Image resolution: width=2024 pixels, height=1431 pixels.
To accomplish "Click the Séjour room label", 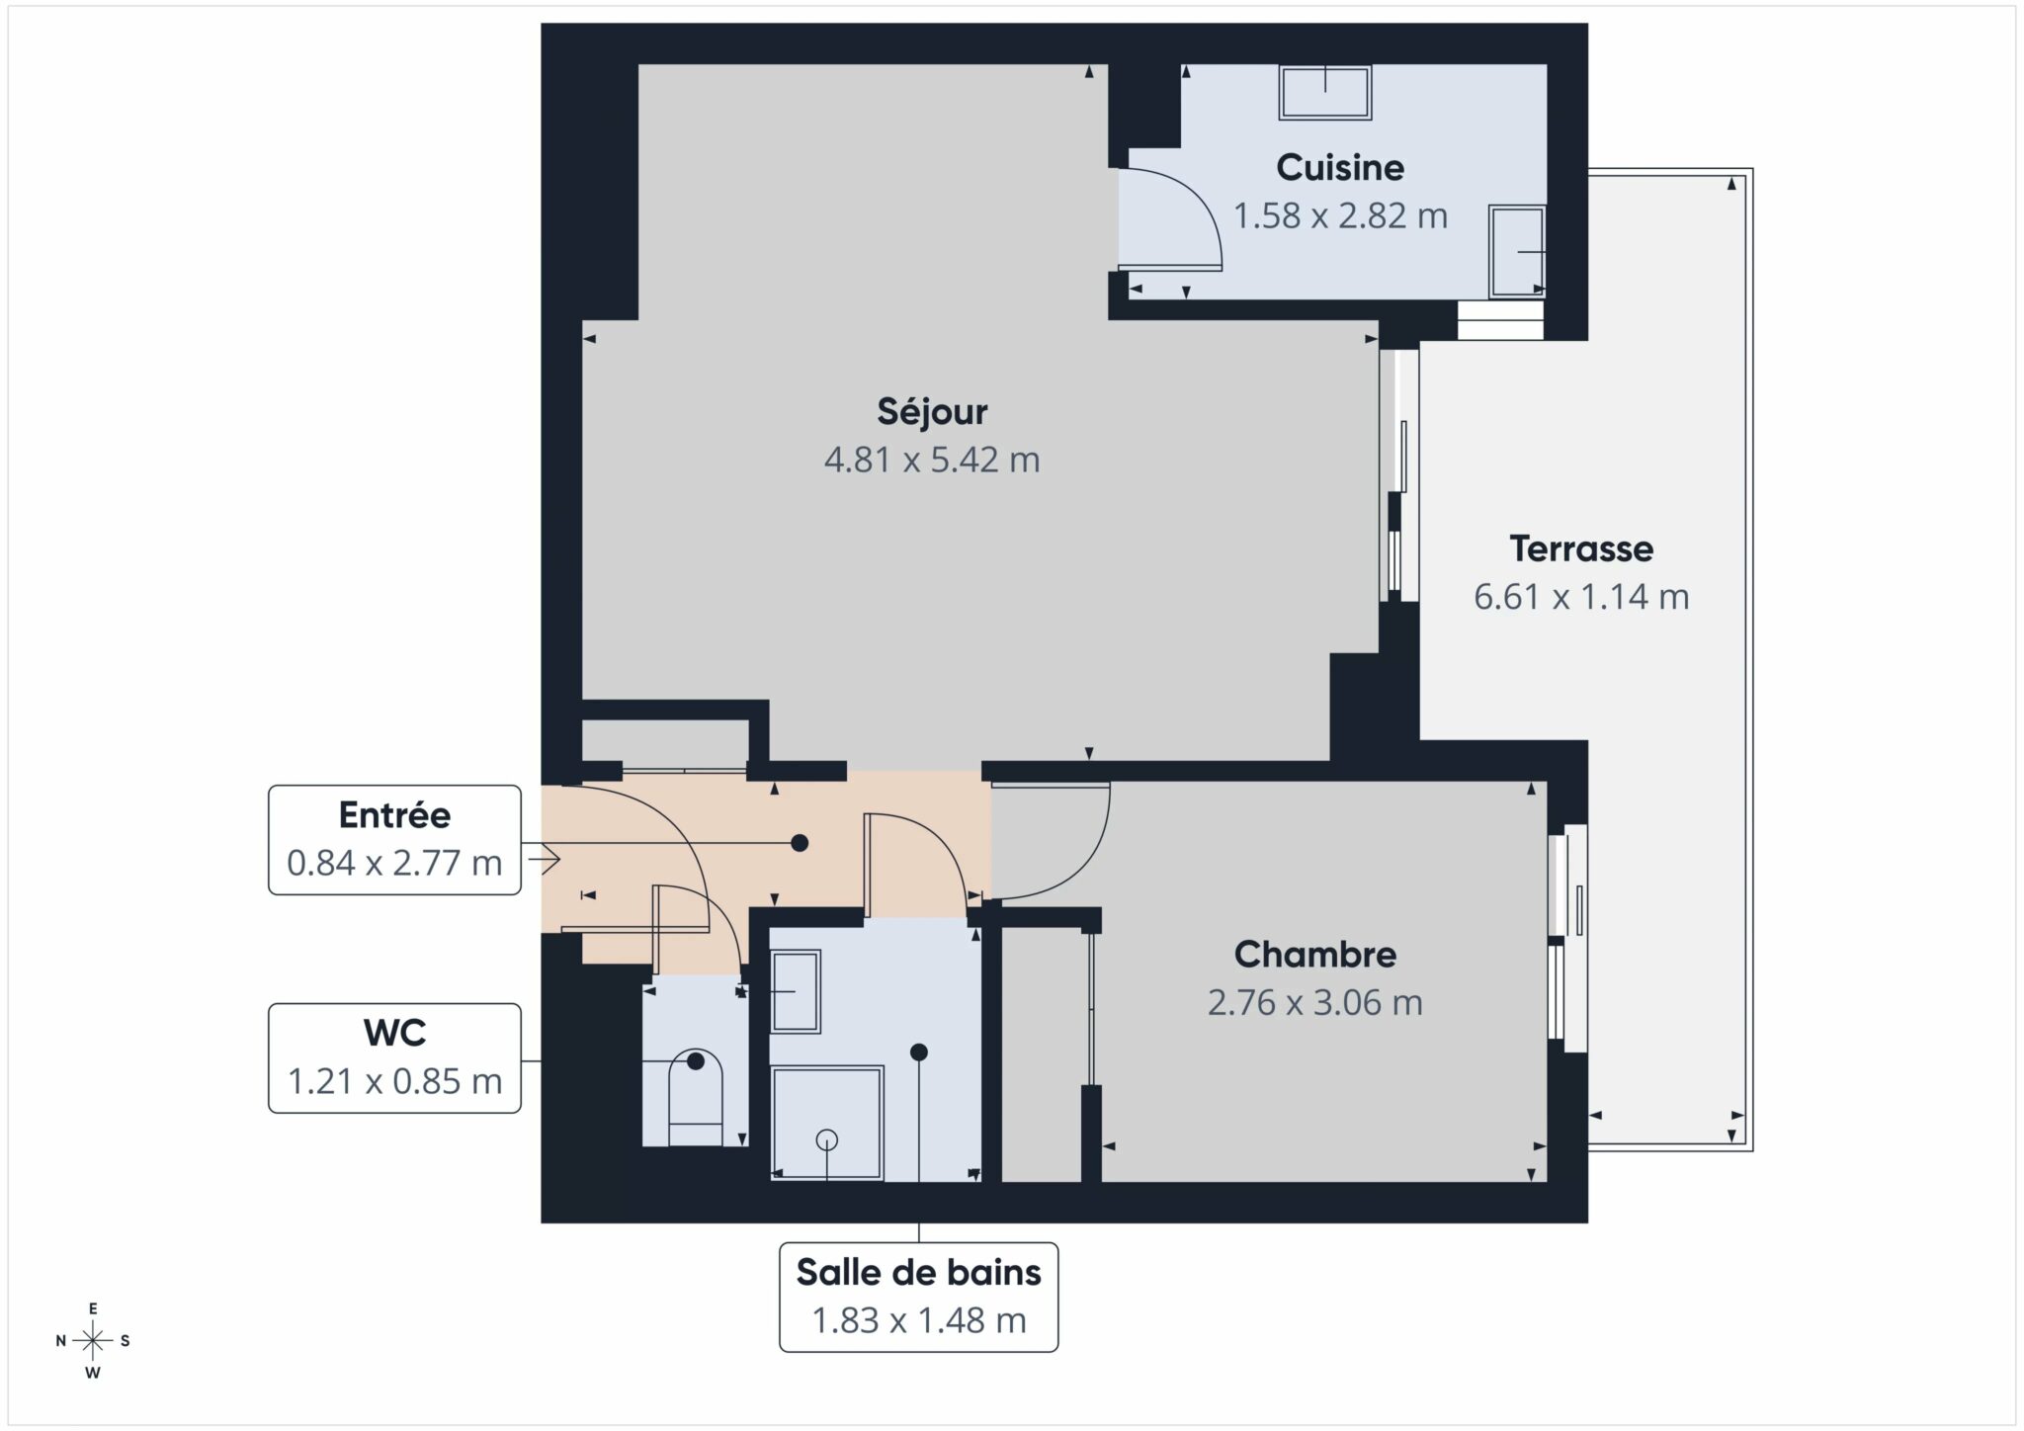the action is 932,412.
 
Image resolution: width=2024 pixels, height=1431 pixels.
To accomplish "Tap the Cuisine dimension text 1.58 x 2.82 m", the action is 1340,215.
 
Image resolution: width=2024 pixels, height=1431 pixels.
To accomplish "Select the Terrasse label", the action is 1581,548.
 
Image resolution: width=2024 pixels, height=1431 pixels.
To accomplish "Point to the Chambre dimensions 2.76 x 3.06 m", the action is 1314,1002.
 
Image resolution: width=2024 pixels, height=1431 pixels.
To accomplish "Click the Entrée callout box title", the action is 394,815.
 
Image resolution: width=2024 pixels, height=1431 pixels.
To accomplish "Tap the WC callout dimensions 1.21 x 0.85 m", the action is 394,1081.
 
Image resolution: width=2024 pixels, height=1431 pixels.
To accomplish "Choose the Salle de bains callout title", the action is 918,1272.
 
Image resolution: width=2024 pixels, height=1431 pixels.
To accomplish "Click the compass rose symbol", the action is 93,1341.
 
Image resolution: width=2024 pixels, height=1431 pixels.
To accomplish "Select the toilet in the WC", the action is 696,1097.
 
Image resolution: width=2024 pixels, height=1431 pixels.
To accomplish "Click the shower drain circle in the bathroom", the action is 826,1139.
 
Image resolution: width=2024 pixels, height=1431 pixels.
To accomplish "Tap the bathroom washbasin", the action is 796,991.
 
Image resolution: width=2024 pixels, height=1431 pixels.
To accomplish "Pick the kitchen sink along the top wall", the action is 1325,93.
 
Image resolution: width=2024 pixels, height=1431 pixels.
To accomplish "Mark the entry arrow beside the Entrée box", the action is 544,859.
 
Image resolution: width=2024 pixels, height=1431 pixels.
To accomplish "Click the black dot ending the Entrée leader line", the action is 800,843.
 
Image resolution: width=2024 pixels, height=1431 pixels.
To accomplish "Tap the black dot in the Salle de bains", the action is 919,1052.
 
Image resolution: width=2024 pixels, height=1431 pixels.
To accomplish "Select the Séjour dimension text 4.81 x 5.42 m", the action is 932,460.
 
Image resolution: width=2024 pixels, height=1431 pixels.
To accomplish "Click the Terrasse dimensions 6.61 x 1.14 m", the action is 1581,597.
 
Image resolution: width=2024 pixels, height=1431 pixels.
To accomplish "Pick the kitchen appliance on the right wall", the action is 1517,252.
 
